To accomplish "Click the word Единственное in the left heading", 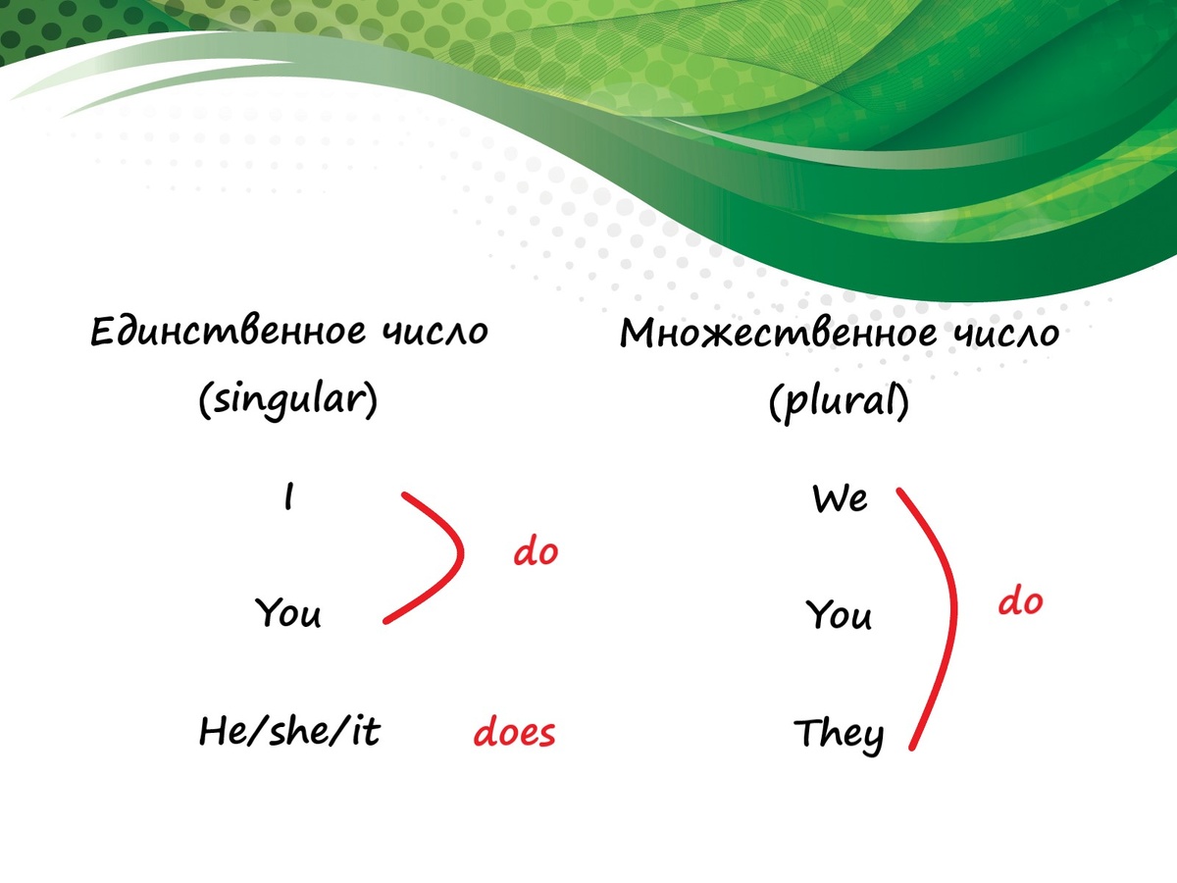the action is [x=229, y=332].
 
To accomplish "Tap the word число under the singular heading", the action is [x=435, y=332].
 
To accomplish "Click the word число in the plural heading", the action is [x=1006, y=334].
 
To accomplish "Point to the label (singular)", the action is [x=288, y=400].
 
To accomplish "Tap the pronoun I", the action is [x=288, y=495].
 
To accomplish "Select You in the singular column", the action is [x=288, y=612].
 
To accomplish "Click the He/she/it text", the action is [x=289, y=730].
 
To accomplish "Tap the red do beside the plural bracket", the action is [x=1020, y=601].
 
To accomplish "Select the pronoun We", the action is [x=840, y=498].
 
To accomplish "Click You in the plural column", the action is [x=840, y=614].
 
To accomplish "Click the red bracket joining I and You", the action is [x=460, y=552].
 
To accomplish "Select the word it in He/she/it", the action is [x=366, y=731].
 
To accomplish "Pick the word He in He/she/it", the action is [x=221, y=731].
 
